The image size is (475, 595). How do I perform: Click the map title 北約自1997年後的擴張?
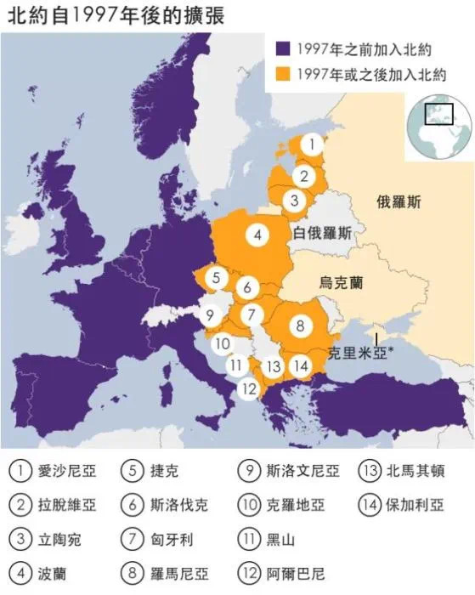pyautogui.click(x=116, y=14)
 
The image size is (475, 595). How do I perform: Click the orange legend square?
pyautogui.click(x=282, y=74)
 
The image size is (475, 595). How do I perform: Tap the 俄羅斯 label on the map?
pyautogui.click(x=399, y=201)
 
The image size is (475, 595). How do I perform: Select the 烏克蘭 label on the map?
pyautogui.click(x=342, y=280)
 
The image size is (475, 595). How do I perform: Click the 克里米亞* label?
pyautogui.click(x=361, y=349)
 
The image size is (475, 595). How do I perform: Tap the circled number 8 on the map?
pyautogui.click(x=300, y=325)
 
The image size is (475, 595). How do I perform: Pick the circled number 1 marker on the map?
pyautogui.click(x=314, y=144)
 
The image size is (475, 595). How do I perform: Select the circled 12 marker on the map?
pyautogui.click(x=247, y=388)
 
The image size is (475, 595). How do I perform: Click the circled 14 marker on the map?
pyautogui.click(x=301, y=365)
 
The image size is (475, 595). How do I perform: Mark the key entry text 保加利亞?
pyautogui.click(x=415, y=505)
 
